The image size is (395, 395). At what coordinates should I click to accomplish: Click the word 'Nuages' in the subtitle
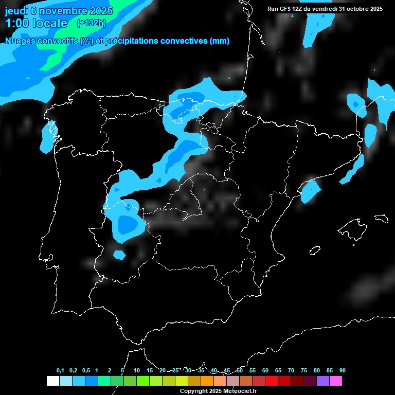point(21,41)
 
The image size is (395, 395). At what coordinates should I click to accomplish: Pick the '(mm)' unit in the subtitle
point(220,41)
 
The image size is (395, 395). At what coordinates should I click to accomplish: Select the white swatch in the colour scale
point(52,381)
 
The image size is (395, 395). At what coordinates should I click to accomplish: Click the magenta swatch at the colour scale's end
point(335,381)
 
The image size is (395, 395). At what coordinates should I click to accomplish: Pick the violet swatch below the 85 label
point(322,381)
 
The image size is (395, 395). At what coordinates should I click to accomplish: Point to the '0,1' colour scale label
point(60,371)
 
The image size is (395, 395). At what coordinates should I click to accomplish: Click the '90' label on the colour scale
point(342,371)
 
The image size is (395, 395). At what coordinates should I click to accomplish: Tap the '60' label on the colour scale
point(265,371)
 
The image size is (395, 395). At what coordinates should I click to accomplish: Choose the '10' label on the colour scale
point(136,371)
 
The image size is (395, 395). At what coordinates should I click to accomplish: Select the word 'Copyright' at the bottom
point(194,391)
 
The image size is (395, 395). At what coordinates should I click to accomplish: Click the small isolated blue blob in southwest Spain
point(119,254)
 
